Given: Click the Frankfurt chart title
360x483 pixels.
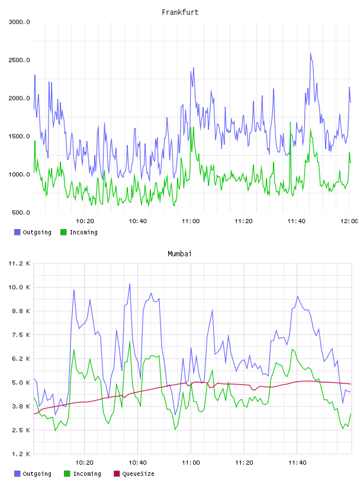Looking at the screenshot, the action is pyautogui.click(x=180, y=12).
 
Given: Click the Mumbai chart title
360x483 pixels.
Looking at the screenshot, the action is pyautogui.click(x=179, y=254).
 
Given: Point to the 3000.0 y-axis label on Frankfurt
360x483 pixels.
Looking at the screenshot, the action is pyautogui.click(x=19, y=22).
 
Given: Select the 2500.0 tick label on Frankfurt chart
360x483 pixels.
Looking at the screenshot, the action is pyautogui.click(x=19, y=60).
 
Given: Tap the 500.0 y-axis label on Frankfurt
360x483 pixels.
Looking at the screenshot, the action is pyautogui.click(x=21, y=212).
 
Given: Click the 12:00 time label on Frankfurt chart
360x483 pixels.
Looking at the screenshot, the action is pyautogui.click(x=349, y=221).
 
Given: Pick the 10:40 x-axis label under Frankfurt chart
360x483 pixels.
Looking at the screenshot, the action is pyautogui.click(x=138, y=221).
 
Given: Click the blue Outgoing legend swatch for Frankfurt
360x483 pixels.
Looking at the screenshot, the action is pyautogui.click(x=17, y=232).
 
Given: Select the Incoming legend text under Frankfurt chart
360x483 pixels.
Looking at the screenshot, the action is pyautogui.click(x=83, y=232).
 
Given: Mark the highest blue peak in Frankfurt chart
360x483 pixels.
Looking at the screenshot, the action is pyautogui.click(x=311, y=53).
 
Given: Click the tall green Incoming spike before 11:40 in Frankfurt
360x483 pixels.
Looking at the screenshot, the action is pyautogui.click(x=290, y=123).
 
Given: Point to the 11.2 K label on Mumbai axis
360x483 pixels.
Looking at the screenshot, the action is pyautogui.click(x=19, y=263).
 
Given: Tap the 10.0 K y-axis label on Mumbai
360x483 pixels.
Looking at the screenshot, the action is pyautogui.click(x=19, y=288).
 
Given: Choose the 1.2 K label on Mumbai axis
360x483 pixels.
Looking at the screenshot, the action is pyautogui.click(x=21, y=454).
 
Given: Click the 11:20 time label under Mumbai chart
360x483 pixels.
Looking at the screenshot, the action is pyautogui.click(x=244, y=463).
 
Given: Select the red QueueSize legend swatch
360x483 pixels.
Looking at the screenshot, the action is pyautogui.click(x=117, y=474).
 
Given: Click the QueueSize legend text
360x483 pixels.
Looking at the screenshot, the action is pyautogui.click(x=139, y=474).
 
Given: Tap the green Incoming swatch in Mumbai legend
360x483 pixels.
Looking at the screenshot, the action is pyautogui.click(x=67, y=474).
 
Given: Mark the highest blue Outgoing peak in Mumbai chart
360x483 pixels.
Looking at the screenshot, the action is pyautogui.click(x=130, y=284).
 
